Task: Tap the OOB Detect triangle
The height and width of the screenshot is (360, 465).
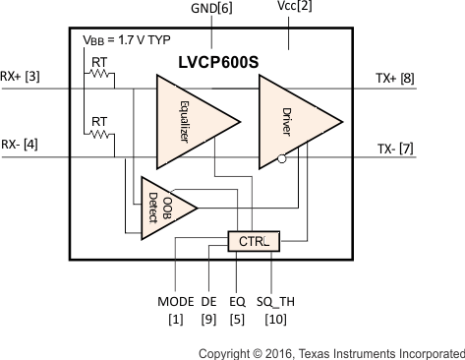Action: click(x=164, y=208)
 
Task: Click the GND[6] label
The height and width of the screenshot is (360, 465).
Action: click(x=212, y=9)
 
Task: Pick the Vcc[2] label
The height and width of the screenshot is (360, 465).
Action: click(x=290, y=9)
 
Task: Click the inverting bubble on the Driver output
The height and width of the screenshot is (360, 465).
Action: click(x=283, y=157)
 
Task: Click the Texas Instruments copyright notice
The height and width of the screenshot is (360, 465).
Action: click(x=330, y=351)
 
